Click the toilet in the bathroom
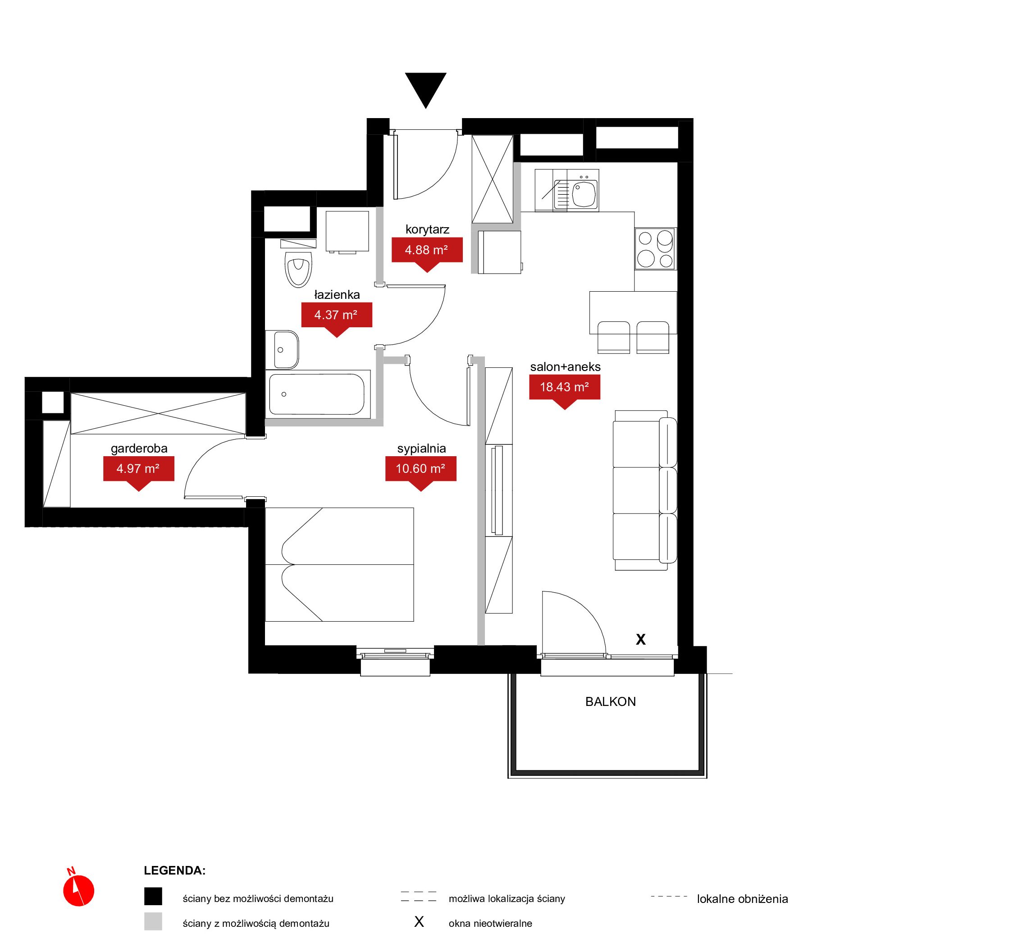tap(298, 269)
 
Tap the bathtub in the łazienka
tap(317, 394)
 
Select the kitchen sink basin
tap(584, 194)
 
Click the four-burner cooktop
tap(656, 248)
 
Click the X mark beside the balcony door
tap(641, 639)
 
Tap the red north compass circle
tap(79, 890)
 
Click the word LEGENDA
tap(175, 870)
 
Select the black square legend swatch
tap(153, 896)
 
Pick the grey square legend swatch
tap(153, 921)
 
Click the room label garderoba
tap(139, 448)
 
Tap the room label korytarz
tap(427, 229)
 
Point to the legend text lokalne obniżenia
tap(742, 899)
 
